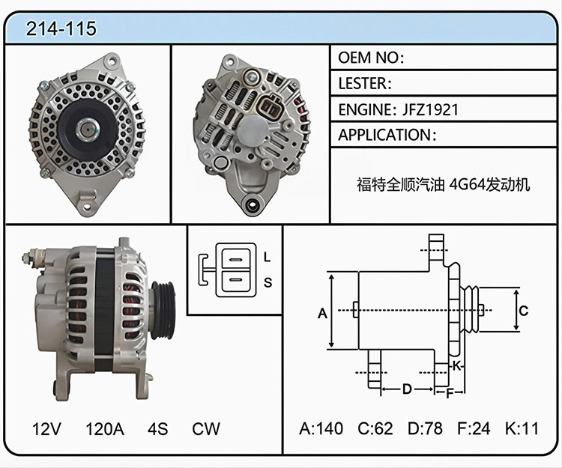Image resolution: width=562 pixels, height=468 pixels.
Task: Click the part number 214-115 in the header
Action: tap(61, 28)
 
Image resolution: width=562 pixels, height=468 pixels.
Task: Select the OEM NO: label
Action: tap(371, 58)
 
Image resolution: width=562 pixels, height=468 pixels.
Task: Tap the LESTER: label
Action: tap(365, 83)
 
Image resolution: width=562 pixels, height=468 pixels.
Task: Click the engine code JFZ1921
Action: tap(430, 109)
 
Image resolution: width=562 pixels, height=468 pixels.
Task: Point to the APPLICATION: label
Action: tap(387, 135)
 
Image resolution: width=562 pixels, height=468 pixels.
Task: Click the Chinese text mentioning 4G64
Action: tap(443, 185)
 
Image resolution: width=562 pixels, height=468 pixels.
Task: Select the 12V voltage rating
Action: tap(46, 428)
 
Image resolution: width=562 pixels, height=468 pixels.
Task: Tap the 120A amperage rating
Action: tap(105, 428)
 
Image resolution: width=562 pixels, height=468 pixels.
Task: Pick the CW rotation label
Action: tap(206, 428)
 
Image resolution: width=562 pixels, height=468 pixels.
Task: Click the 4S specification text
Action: tap(157, 428)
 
